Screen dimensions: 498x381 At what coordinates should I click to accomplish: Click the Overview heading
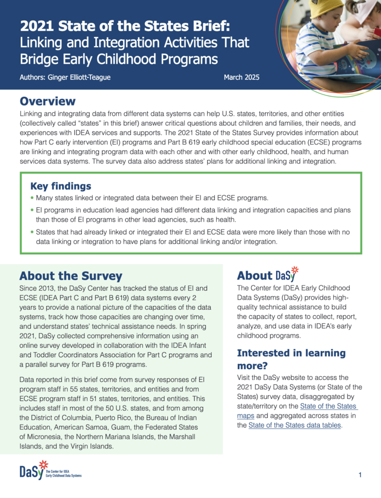pyautogui.click(x=48, y=101)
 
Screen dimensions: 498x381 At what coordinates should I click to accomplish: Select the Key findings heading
pyautogui.click(x=61, y=186)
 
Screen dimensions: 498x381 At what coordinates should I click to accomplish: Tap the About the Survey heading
pyautogui.click(x=70, y=276)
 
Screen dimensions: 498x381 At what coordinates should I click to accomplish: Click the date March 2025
pyautogui.click(x=242, y=77)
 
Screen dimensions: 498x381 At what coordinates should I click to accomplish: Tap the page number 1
pyautogui.click(x=360, y=475)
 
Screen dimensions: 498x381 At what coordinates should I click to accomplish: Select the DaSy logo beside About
pyautogui.click(x=287, y=274)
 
